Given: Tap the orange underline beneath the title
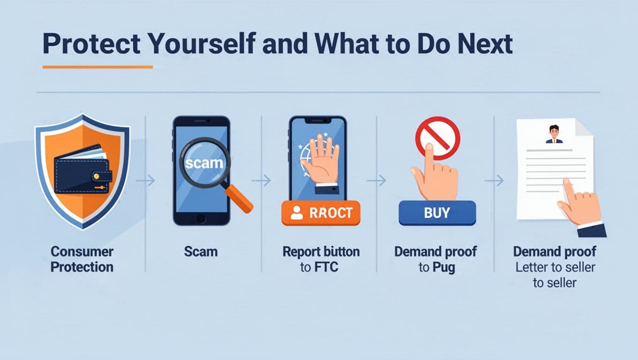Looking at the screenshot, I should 98,67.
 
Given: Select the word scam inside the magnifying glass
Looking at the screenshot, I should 201,164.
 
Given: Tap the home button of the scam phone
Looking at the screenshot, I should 201,218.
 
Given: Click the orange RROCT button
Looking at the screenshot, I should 321,213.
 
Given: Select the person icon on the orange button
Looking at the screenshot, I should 296,213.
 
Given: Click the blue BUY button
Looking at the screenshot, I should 437,213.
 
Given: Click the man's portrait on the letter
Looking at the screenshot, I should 554,134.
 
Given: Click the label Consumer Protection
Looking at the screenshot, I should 82,259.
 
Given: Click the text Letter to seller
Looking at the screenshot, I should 555,267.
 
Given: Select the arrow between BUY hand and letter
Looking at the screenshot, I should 494,180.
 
